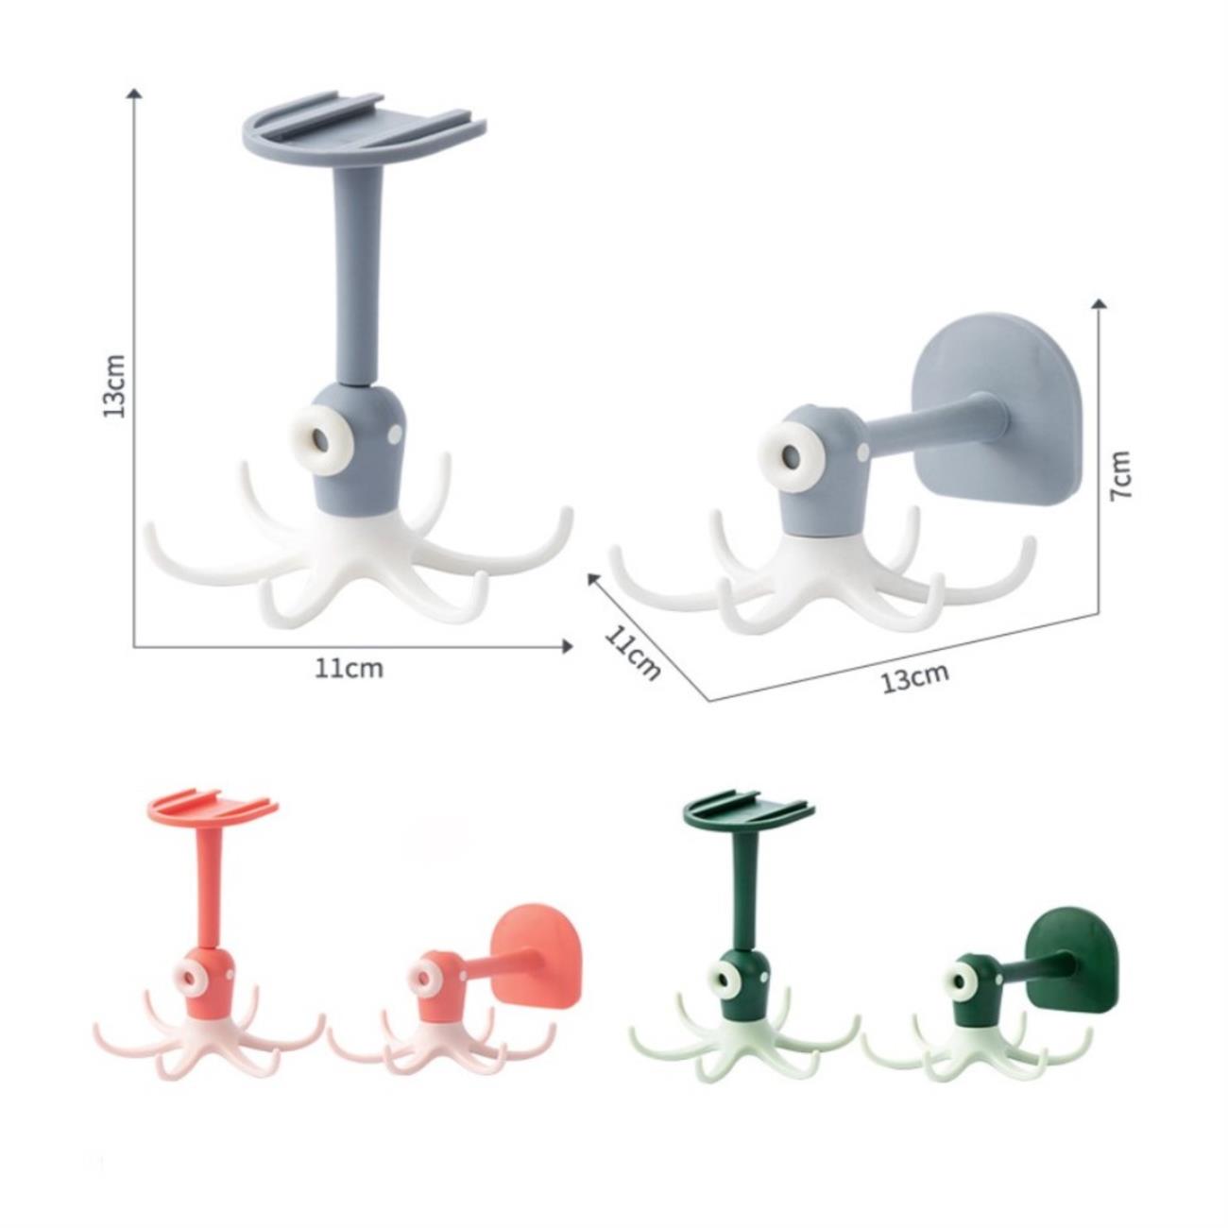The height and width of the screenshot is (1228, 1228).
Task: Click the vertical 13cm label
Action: (114, 385)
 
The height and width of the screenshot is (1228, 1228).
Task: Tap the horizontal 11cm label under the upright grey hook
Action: (349, 669)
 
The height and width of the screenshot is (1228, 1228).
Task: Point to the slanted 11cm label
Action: (632, 653)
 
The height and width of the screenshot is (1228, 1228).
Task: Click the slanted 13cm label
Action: (914, 677)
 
